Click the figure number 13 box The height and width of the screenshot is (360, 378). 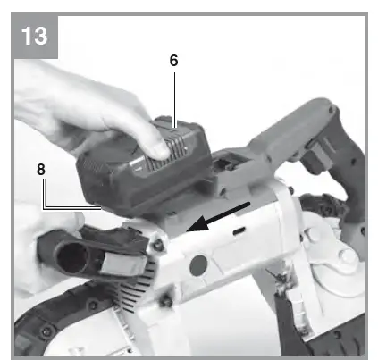[x=37, y=37]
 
